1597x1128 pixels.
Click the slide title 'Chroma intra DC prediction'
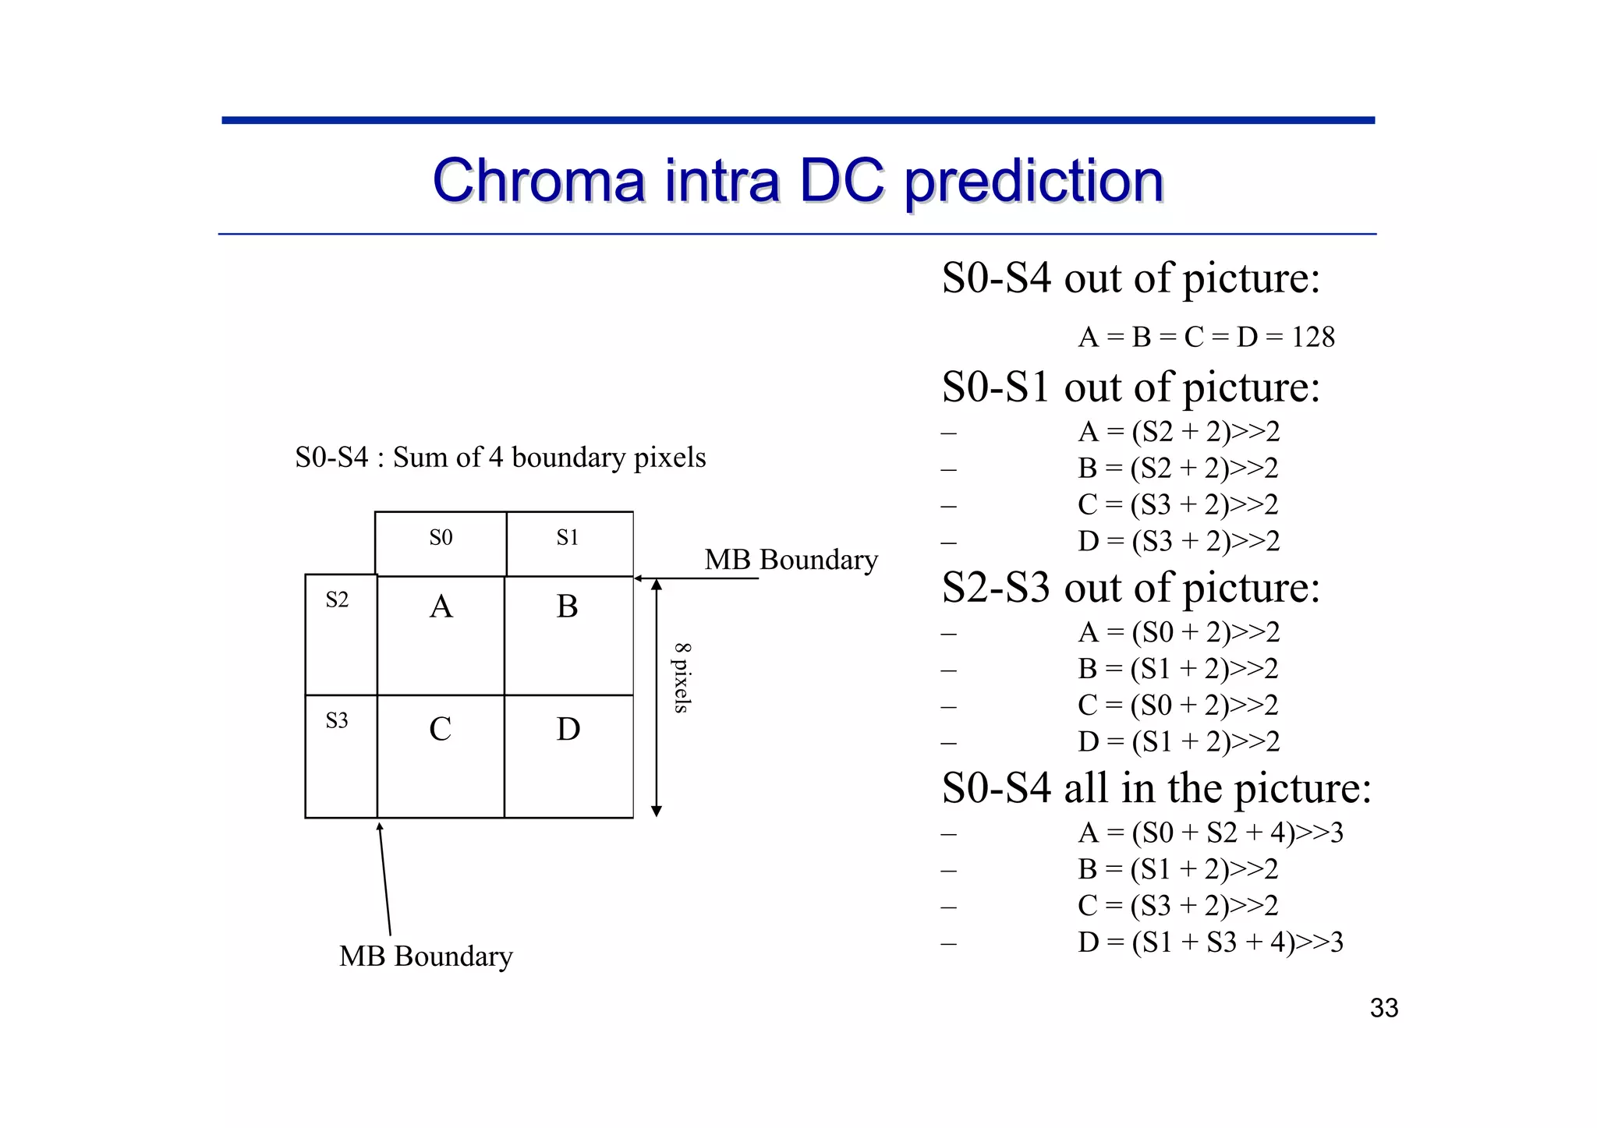coord(798,181)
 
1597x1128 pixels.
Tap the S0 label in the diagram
coord(441,538)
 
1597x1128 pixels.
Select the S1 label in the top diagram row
coord(568,538)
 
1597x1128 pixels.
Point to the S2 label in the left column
coord(337,600)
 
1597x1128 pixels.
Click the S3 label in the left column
coord(337,721)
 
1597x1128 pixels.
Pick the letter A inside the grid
coord(441,607)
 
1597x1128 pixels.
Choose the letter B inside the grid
coord(568,607)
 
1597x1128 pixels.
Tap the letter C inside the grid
coord(441,730)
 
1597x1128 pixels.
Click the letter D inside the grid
coord(568,730)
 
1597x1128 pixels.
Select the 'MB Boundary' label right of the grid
coord(791,560)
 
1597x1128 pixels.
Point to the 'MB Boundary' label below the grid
coord(426,957)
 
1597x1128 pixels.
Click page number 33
coord(1384,1009)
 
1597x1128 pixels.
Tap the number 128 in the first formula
coord(1313,338)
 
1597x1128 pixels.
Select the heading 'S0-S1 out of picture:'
coord(1131,387)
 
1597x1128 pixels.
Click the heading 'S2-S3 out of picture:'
coord(1131,588)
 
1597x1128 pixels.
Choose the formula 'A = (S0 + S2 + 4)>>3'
coord(1210,833)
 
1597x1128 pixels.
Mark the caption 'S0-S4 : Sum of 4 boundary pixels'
coord(500,458)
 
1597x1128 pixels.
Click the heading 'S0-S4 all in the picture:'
coord(1156,788)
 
